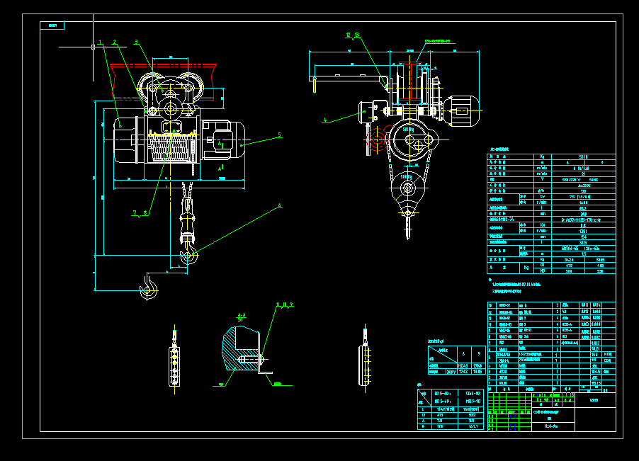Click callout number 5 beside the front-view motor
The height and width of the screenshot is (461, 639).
pos(280,134)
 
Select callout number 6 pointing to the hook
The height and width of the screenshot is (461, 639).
pos(280,205)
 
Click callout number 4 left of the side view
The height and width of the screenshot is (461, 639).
pos(325,120)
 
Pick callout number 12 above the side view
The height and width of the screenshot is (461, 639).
pos(348,34)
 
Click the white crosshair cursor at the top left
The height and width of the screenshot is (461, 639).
pos(94,47)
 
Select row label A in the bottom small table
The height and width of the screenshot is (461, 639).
pos(423,420)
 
